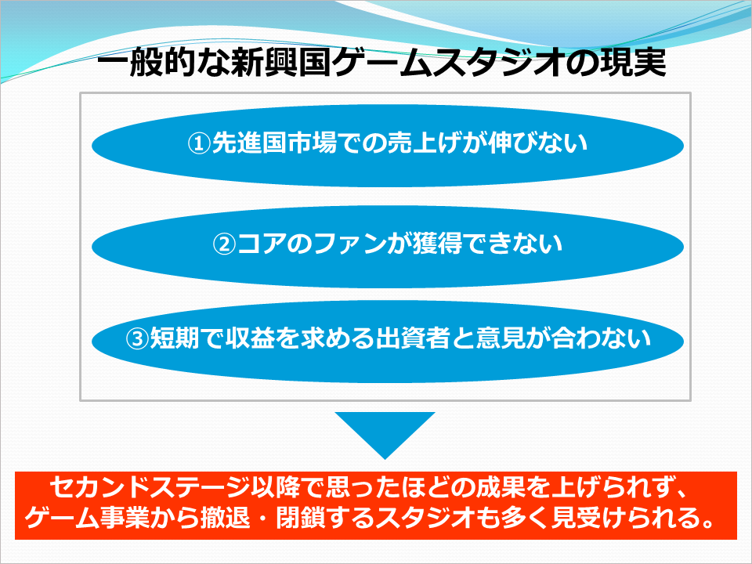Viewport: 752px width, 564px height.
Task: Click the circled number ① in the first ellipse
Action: tap(199, 143)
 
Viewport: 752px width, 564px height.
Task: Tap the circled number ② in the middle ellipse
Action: tap(225, 244)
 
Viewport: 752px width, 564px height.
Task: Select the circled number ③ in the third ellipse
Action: tap(137, 339)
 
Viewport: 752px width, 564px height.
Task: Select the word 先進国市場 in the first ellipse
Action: tap(274, 143)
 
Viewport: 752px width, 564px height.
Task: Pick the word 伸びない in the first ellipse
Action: tap(537, 143)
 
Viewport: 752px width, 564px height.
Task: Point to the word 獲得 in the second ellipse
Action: tap(437, 244)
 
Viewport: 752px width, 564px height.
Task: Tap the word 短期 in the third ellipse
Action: tap(175, 339)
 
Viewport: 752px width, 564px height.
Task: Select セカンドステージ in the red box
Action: tap(150, 489)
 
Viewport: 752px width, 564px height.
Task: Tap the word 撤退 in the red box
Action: tap(226, 519)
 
